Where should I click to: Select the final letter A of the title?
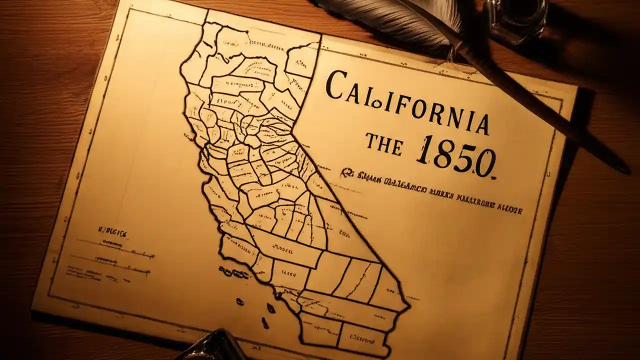tap(481, 124)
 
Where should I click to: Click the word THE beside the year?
tap(383, 143)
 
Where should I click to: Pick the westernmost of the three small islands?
tap(239, 301)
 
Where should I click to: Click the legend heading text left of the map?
tap(112, 233)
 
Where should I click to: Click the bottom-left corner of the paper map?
tap(34, 310)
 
